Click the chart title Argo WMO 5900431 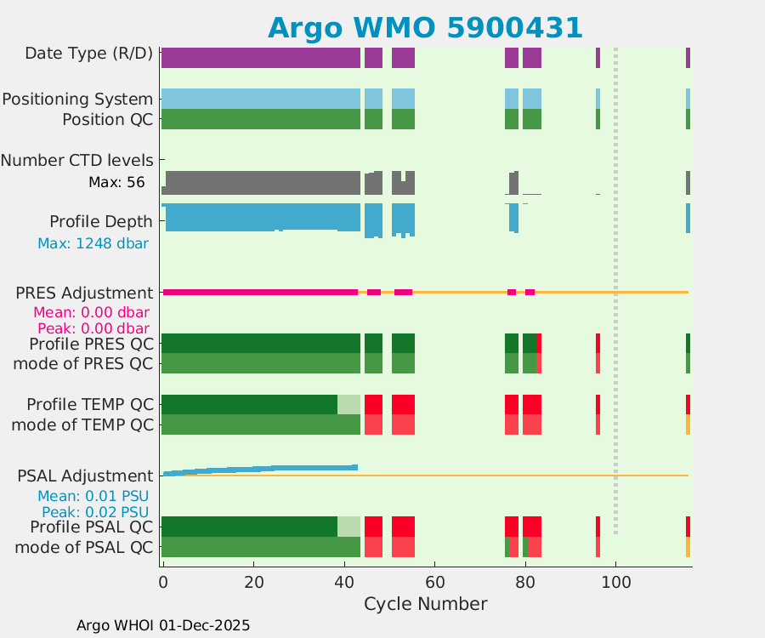click(x=425, y=27)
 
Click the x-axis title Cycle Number click(x=425, y=604)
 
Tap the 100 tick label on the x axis click(x=615, y=583)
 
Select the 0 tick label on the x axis click(x=162, y=583)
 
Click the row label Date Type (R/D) click(x=88, y=53)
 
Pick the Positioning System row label click(x=77, y=99)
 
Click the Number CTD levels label click(x=76, y=160)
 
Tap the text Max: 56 click(x=116, y=182)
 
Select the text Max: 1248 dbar click(x=93, y=243)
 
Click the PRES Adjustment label click(x=84, y=293)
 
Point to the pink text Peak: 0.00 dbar click(x=93, y=328)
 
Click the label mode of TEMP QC click(x=82, y=424)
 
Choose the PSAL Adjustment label click(x=85, y=476)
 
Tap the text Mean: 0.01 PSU click(x=93, y=496)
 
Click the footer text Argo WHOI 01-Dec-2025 click(x=163, y=625)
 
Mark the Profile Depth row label click(x=101, y=221)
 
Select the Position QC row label click(x=107, y=119)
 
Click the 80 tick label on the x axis click(x=525, y=583)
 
